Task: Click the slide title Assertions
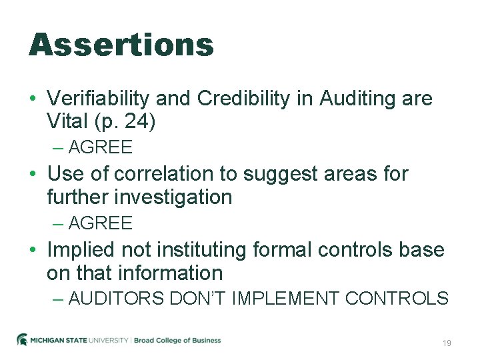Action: [x=121, y=45]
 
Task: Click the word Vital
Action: [x=67, y=122]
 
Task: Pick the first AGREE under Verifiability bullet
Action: [x=100, y=147]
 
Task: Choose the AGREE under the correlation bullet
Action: [x=100, y=223]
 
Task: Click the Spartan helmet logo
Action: [x=23, y=339]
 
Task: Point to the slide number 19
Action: [x=447, y=343]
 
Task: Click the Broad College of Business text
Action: [x=177, y=340]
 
